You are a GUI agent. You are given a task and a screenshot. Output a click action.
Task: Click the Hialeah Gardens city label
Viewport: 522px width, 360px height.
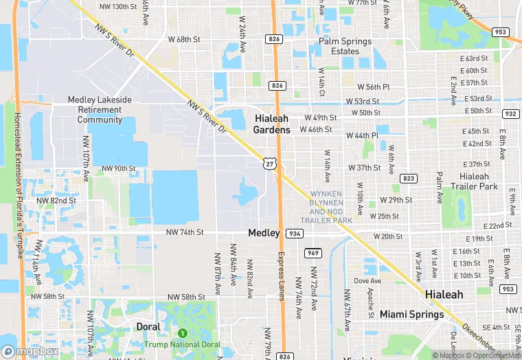pyautogui.click(x=281, y=124)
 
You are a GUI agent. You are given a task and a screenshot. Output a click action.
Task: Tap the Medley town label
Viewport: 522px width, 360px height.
pyautogui.click(x=264, y=233)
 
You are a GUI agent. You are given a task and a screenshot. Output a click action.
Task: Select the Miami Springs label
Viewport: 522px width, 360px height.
pyautogui.click(x=408, y=314)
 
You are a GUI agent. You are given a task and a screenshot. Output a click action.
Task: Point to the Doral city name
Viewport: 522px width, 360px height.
pyautogui.click(x=148, y=326)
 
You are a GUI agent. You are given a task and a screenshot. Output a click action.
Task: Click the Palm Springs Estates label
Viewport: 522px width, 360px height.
pyautogui.click(x=345, y=46)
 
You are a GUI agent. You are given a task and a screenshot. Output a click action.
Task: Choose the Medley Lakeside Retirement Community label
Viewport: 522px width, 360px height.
pyautogui.click(x=100, y=109)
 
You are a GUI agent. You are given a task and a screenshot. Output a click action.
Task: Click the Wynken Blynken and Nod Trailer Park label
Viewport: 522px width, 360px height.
pyautogui.click(x=331, y=207)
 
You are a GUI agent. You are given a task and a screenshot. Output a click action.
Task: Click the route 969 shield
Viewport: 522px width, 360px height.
pyautogui.click(x=313, y=253)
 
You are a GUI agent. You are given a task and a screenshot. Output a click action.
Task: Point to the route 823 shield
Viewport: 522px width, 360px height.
pyautogui.click(x=409, y=178)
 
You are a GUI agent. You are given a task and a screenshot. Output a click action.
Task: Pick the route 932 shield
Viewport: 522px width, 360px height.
pyautogui.click(x=510, y=113)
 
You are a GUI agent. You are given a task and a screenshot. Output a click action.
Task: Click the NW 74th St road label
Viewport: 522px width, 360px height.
pyautogui.click(x=185, y=232)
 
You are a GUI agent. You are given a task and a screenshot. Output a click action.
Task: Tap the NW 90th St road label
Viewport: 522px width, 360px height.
pyautogui.click(x=118, y=168)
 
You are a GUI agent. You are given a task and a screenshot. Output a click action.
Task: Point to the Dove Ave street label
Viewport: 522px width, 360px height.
pyautogui.click(x=367, y=281)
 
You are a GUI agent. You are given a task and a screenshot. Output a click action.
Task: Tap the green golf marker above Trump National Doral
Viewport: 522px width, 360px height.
pyautogui.click(x=182, y=333)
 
